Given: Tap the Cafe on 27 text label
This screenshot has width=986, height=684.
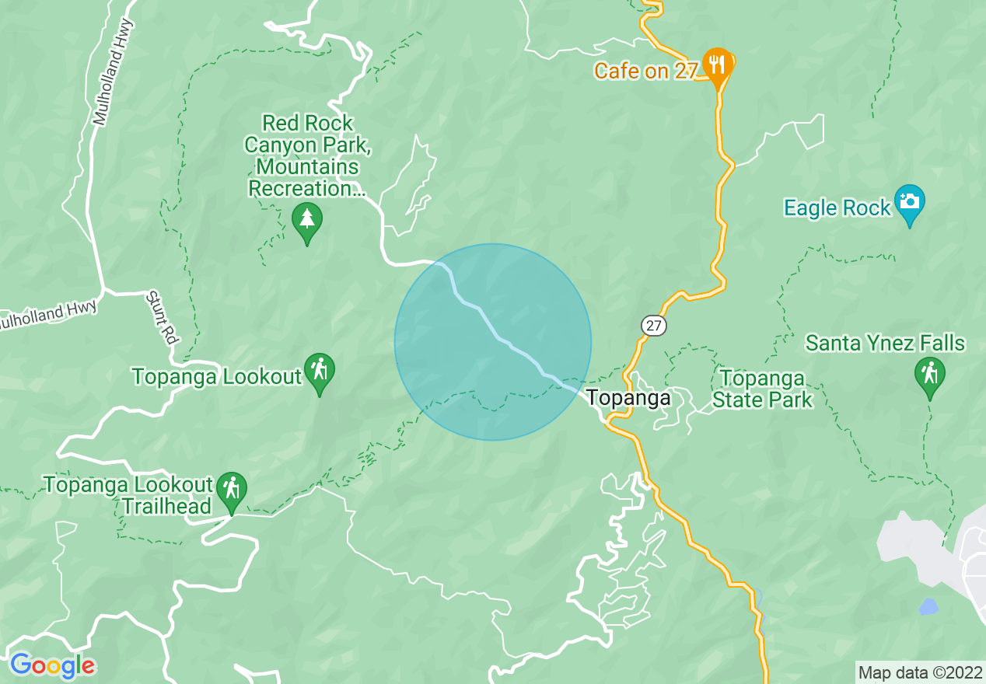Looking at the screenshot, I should click(645, 71).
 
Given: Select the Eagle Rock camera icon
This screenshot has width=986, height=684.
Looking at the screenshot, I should click(909, 202).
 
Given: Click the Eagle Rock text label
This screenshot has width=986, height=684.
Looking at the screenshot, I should click(837, 208).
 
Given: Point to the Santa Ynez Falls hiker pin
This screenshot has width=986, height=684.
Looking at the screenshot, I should click(929, 374).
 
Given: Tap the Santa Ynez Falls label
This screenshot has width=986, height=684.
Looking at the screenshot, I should click(885, 343).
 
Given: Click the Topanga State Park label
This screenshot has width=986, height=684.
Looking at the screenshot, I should click(763, 389).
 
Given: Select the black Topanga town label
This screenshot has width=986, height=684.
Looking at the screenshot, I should click(628, 398).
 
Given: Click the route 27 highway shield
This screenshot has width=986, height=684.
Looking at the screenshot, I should click(654, 326).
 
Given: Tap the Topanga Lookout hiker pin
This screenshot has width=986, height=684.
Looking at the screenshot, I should click(319, 370).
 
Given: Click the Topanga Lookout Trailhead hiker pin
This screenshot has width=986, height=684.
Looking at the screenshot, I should click(231, 489).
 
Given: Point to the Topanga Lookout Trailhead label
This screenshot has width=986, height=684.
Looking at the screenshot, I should click(128, 495).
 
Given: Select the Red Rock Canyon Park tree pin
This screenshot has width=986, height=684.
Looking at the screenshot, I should click(307, 220).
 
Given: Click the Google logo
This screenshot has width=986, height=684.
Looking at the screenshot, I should click(53, 665).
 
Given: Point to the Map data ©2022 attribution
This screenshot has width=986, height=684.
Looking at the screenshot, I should click(919, 672).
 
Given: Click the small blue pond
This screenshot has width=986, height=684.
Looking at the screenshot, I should click(928, 606).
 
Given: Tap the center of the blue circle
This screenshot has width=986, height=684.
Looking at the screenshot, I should click(493, 342).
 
